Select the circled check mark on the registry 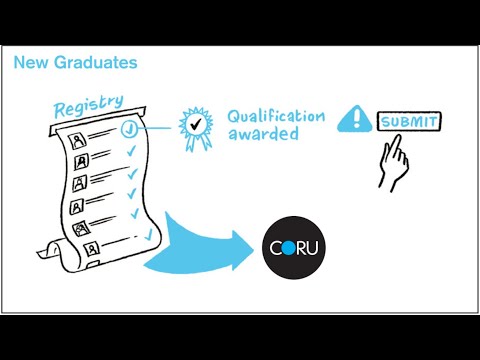click(x=129, y=129)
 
